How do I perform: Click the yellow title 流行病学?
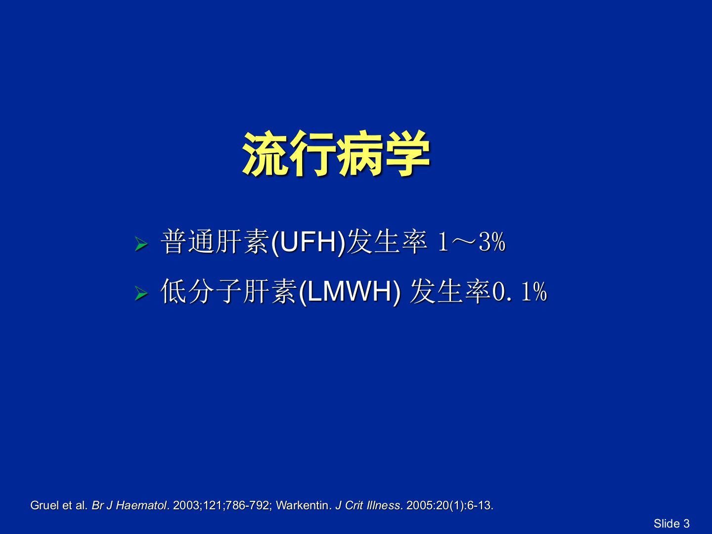[x=336, y=154]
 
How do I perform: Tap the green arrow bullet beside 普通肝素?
[x=141, y=244]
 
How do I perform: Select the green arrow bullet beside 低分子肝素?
[x=141, y=293]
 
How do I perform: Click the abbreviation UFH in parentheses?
[x=308, y=242]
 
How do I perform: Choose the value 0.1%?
[x=520, y=292]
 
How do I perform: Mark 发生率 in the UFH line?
[x=387, y=242]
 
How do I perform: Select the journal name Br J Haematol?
[x=129, y=505]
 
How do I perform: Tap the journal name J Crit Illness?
[x=368, y=505]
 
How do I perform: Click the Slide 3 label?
[x=671, y=524]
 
